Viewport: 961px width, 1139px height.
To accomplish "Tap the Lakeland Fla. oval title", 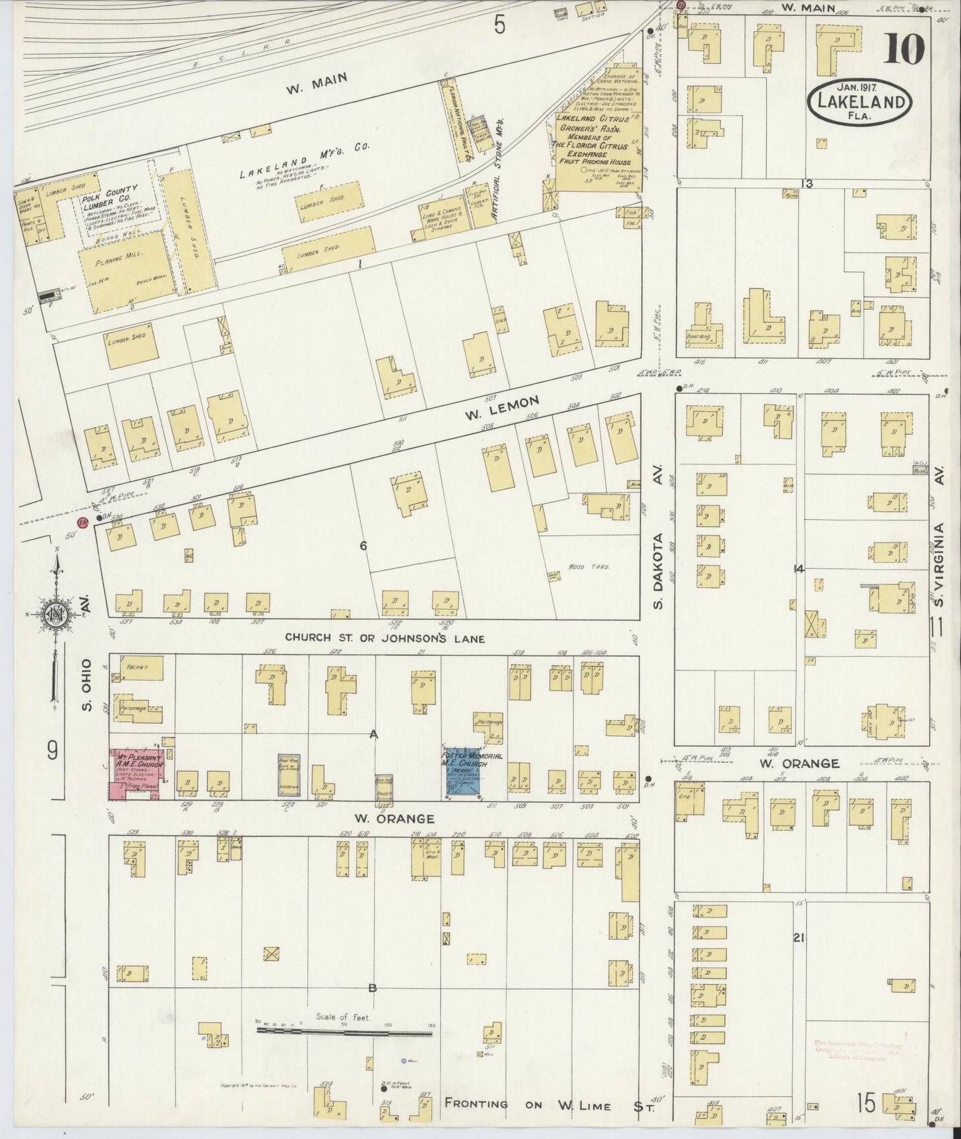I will tap(859, 102).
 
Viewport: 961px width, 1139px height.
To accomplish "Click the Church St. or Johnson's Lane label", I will tap(384, 638).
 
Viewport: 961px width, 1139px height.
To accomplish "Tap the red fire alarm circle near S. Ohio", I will tap(83, 522).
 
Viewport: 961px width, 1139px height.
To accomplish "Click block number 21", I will tap(799, 938).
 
